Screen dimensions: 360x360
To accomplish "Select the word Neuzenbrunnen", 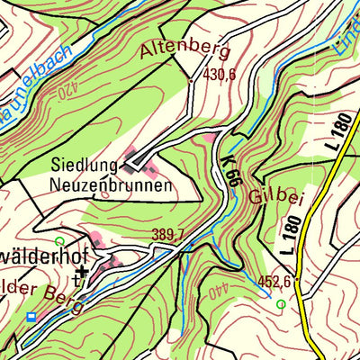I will (x=112, y=186).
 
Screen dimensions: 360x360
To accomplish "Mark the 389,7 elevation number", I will (x=168, y=235).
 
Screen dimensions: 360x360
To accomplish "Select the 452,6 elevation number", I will (x=275, y=283).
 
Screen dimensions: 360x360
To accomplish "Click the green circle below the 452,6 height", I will (x=281, y=305).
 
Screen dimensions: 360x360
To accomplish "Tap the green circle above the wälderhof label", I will (x=59, y=242).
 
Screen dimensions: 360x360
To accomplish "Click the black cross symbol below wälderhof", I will (x=82, y=270).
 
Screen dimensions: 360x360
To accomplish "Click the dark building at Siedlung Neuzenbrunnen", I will (x=137, y=162).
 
